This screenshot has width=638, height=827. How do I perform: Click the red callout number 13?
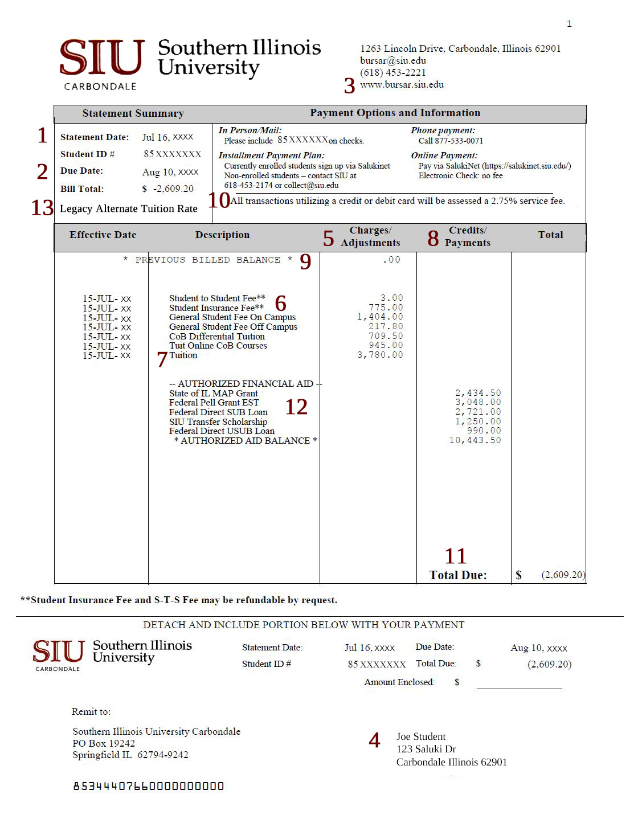(x=42, y=208)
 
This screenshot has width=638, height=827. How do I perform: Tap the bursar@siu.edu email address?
(x=393, y=60)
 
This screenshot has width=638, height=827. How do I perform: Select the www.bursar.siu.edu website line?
(x=402, y=84)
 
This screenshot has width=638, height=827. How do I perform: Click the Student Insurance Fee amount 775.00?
(x=386, y=308)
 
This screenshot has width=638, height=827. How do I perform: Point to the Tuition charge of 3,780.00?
(x=380, y=355)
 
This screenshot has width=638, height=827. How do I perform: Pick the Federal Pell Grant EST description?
(x=214, y=403)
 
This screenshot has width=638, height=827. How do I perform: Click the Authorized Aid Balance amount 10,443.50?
(x=475, y=440)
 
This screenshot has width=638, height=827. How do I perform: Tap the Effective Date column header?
(x=103, y=235)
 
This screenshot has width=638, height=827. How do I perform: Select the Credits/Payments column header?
(x=467, y=236)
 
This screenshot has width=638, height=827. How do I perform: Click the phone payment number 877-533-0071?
(x=459, y=141)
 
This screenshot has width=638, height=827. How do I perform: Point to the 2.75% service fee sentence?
(x=398, y=200)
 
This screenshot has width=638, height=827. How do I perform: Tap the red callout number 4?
(x=374, y=740)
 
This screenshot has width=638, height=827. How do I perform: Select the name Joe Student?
(x=421, y=736)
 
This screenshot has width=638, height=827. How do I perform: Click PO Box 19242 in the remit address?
(x=104, y=743)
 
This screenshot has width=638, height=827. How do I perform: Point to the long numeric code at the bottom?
(x=148, y=787)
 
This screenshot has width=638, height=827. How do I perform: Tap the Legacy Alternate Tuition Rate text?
(x=129, y=208)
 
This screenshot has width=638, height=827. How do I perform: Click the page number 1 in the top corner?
(x=569, y=23)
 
